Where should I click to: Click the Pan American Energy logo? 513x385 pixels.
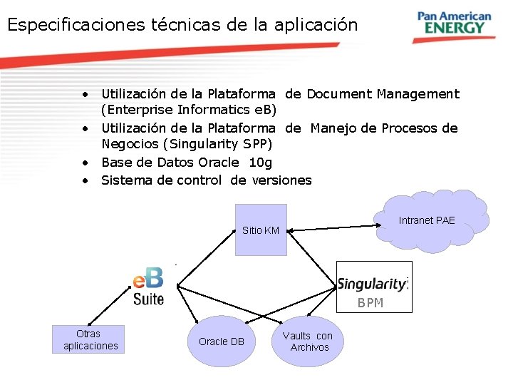pos(454,23)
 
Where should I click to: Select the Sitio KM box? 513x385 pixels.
pos(261,230)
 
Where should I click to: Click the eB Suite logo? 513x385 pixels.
pos(148,286)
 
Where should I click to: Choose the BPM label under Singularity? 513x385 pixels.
pos(370,303)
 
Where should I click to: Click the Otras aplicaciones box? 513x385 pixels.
pos(88,339)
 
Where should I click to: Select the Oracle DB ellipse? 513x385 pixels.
pos(222,342)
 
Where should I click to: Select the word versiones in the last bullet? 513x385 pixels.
pos(282,180)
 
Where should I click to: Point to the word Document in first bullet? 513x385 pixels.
pos(339,93)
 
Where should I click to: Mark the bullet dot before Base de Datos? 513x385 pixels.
pos(85,163)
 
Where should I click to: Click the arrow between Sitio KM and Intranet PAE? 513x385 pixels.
pos(332,227)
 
